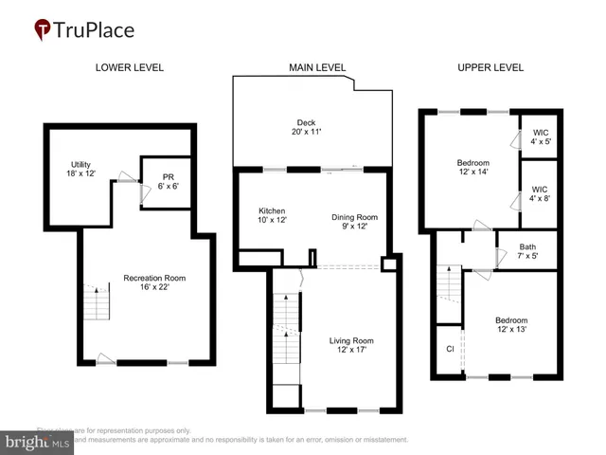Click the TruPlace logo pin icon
(x=43, y=30)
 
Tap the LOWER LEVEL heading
(x=129, y=67)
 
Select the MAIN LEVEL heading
(x=317, y=67)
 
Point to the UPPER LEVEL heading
(x=490, y=67)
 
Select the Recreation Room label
(x=153, y=282)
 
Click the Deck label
(x=305, y=127)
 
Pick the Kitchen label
(x=272, y=215)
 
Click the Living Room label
(x=351, y=345)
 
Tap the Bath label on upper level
(x=527, y=252)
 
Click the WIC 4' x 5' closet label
(x=541, y=137)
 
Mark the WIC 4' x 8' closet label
(x=541, y=194)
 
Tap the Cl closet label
(x=450, y=349)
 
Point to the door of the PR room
(x=143, y=193)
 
